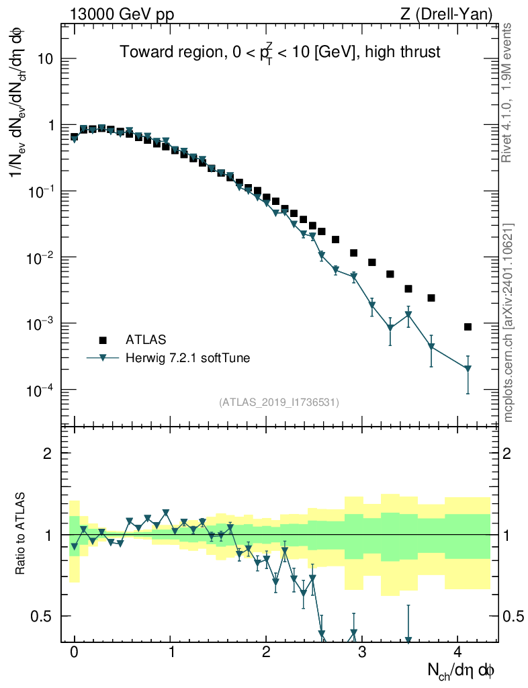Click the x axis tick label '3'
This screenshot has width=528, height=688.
361,652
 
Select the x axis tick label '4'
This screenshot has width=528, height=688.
457,652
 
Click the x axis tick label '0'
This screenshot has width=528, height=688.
74,652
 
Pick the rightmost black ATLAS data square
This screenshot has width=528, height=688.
468,327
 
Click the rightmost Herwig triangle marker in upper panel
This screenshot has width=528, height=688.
468,368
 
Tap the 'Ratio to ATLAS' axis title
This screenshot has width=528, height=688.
21,535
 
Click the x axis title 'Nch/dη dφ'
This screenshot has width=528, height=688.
461,670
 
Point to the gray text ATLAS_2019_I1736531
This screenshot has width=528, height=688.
279,402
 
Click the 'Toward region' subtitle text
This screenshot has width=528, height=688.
279,52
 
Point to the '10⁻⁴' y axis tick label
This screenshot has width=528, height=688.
42,390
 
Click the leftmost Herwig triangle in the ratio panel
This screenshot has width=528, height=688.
75,546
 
